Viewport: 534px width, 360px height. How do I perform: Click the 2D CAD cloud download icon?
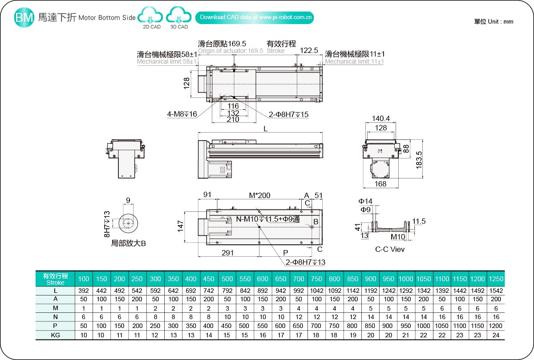(151, 18)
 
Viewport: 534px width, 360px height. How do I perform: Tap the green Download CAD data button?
(255, 17)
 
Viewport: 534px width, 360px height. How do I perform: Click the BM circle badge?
(24, 18)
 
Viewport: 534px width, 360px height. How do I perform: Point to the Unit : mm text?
(494, 21)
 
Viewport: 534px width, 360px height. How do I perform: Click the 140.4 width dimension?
(380, 119)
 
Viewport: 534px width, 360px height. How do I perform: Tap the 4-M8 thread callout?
(182, 114)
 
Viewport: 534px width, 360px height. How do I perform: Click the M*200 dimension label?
(259, 195)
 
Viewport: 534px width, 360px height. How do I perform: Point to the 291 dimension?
(227, 253)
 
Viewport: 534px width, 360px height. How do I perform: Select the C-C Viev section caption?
(390, 249)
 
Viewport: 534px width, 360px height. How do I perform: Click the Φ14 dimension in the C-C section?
(366, 201)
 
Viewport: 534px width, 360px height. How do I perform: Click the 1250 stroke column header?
(496, 279)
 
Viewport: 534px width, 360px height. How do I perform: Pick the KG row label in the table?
(55, 335)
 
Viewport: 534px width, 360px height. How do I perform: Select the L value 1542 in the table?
(496, 291)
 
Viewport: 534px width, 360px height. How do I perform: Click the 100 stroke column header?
(84, 279)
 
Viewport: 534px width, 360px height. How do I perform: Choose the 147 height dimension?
(181, 227)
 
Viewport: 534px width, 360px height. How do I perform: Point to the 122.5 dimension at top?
(309, 51)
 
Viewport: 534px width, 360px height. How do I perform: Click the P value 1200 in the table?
(496, 326)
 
